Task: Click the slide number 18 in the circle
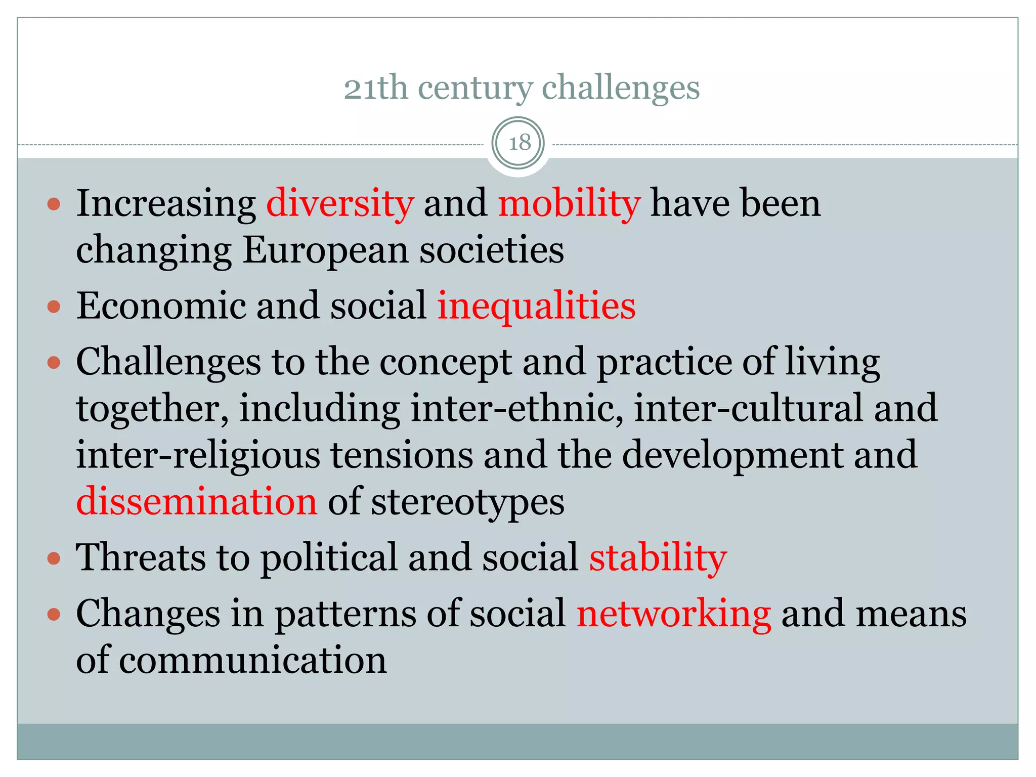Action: point(519,143)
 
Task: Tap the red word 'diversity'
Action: point(340,203)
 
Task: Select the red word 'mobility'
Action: point(569,203)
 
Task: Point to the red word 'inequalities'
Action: point(536,307)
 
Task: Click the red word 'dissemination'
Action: point(197,501)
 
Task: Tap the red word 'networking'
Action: point(674,614)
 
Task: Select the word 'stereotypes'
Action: point(467,502)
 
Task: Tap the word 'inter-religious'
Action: point(198,455)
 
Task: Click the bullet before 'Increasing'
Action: point(54,204)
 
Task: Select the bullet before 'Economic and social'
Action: point(54,307)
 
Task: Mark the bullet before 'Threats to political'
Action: point(54,558)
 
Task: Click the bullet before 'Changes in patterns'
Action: point(54,615)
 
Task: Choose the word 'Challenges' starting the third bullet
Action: point(168,363)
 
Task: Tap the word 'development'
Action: point(732,455)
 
